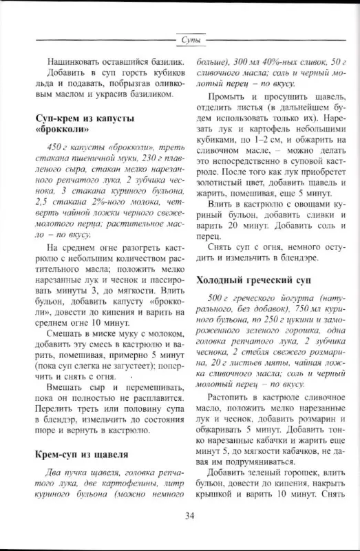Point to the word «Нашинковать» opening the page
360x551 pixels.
[x=78, y=61]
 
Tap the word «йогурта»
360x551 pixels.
[x=298, y=297]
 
